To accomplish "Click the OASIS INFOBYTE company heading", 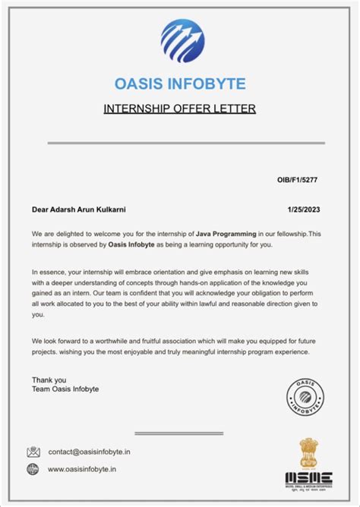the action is click(x=179, y=83).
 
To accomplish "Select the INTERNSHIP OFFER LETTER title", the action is click(x=179, y=109).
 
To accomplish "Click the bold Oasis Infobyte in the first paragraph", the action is click(x=132, y=244).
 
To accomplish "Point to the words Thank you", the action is click(x=49, y=379).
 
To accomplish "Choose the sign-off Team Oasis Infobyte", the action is click(x=65, y=389).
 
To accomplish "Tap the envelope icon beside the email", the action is click(x=33, y=452).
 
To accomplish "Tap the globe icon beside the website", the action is click(x=33, y=470).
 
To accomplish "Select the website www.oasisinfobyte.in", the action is click(x=82, y=470).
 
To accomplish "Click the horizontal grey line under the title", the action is click(x=186, y=143).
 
